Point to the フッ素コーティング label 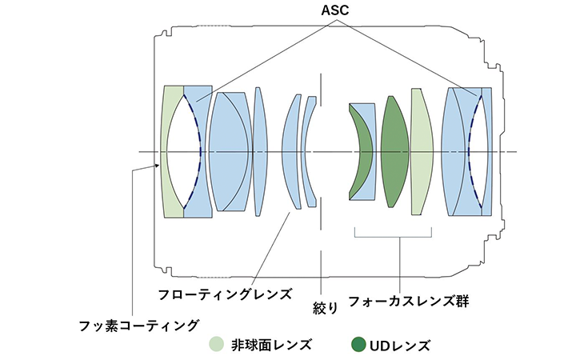(x=138, y=324)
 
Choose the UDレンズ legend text (x=400, y=346)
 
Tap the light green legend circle (x=216, y=345)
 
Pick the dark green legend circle (x=358, y=345)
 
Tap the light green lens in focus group (x=422, y=152)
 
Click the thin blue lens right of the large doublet (x=258, y=150)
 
